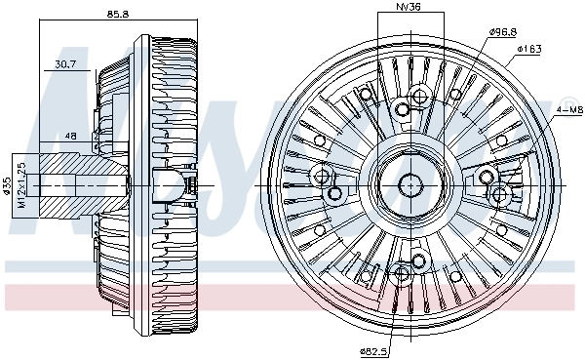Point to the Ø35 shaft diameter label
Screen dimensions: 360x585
[x=8, y=184]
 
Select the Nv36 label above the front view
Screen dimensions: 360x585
[x=408, y=9]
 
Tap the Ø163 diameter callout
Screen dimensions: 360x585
[x=529, y=48]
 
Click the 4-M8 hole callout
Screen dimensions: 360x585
[x=569, y=112]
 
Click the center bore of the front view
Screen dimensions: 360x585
[x=409, y=182]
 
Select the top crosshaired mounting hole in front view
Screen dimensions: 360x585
[x=420, y=97]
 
